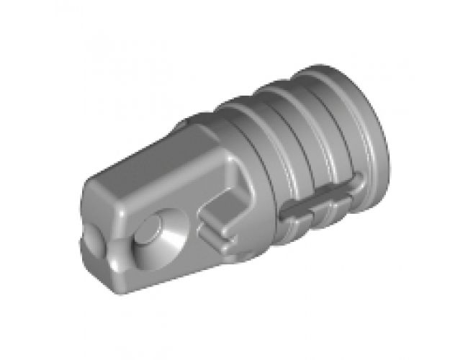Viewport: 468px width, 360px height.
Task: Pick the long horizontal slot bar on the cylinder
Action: [317, 204]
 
